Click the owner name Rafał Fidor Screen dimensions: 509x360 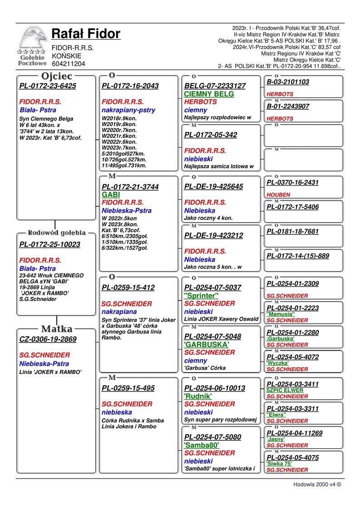86,34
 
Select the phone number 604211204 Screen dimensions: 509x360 68,64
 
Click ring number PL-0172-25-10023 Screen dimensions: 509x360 50,245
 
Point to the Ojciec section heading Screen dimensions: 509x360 57,76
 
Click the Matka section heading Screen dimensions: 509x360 57,329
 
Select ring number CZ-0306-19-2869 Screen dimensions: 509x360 48,339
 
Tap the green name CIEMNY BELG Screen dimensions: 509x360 209,94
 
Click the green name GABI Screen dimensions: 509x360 111,194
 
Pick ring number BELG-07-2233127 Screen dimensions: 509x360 215,86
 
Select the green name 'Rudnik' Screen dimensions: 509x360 198,396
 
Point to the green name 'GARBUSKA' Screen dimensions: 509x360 206,344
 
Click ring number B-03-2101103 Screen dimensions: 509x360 288,82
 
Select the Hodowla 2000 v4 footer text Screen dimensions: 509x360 317,484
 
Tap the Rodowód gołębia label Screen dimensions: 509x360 57,233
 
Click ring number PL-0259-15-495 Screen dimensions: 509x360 128,388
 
